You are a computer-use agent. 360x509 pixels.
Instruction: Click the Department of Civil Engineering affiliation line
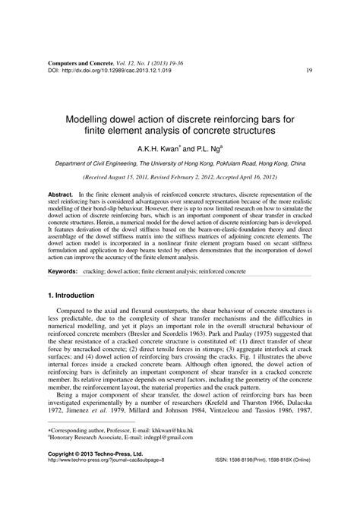click(x=180, y=164)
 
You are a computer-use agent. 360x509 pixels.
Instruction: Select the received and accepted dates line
click(x=180, y=180)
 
